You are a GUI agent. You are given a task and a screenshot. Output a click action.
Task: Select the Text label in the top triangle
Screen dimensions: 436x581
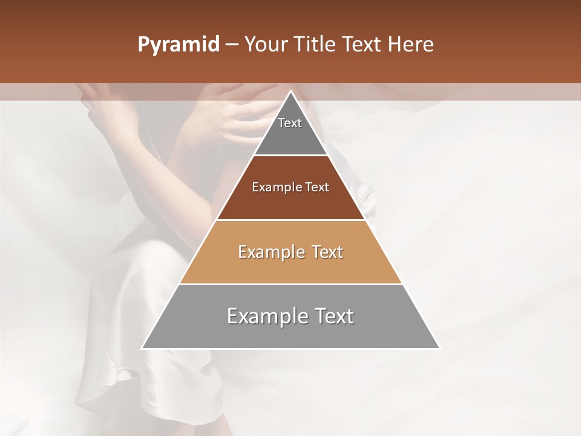pyautogui.click(x=290, y=123)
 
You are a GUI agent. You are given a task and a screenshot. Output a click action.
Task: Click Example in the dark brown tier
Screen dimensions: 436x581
pyautogui.click(x=275, y=188)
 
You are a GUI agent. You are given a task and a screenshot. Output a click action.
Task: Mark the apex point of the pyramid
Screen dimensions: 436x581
pyautogui.click(x=290, y=91)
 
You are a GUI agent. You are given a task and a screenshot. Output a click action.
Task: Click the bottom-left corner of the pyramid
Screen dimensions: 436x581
pyautogui.click(x=142, y=349)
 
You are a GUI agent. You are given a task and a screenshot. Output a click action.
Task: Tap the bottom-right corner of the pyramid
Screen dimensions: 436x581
pyautogui.click(x=439, y=349)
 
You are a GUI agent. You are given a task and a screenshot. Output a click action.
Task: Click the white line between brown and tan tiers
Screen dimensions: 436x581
pyautogui.click(x=290, y=220)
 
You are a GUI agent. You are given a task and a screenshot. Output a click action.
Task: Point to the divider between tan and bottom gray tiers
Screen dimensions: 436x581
pyautogui.click(x=290, y=284)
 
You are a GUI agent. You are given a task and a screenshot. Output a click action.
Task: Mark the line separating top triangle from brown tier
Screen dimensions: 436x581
pyautogui.click(x=290, y=156)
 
